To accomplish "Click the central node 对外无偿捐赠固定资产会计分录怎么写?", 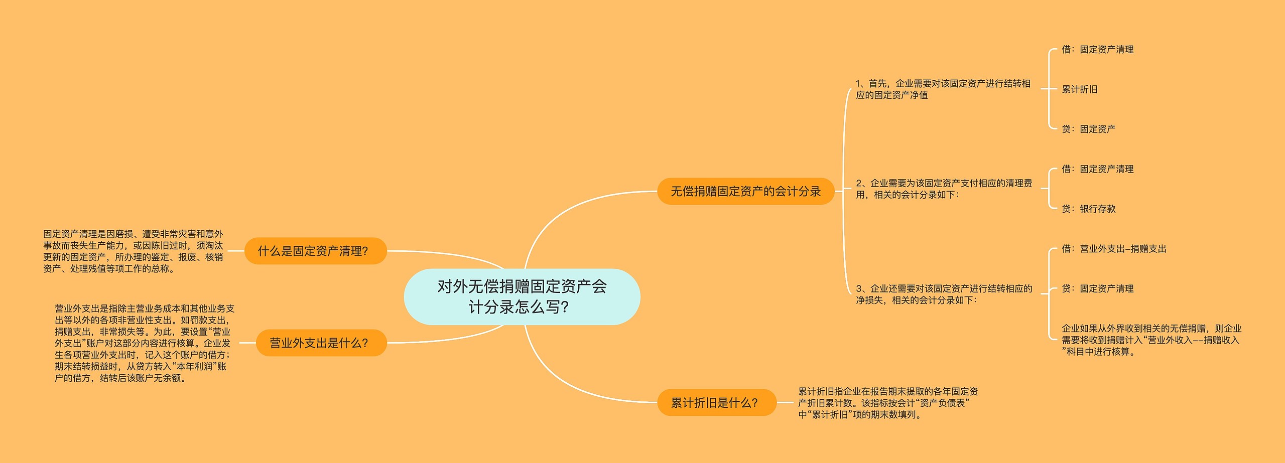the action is pyautogui.click(x=522, y=296).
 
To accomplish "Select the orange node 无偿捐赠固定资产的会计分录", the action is pyautogui.click(x=745, y=191).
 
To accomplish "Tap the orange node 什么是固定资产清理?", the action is pyautogui.click(x=315, y=251).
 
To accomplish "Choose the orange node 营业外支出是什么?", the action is pyautogui.click(x=321, y=343).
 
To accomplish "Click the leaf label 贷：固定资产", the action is pyautogui.click(x=1088, y=129).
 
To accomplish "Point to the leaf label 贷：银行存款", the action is pyautogui.click(x=1088, y=209).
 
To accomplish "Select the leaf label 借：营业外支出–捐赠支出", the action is pyautogui.click(x=1114, y=249).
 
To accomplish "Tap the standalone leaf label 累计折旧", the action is pyautogui.click(x=1080, y=89).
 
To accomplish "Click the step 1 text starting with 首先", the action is pyautogui.click(x=943, y=89).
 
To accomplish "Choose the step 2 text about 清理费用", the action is pyautogui.click(x=944, y=189).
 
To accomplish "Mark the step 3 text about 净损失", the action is pyautogui.click(x=944, y=294).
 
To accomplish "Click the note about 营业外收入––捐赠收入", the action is pyautogui.click(x=1151, y=340).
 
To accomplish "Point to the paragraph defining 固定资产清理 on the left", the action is pyautogui.click(x=133, y=251).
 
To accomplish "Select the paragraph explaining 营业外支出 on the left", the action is pyautogui.click(x=144, y=343).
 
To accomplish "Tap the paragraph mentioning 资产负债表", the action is pyautogui.click(x=887, y=403).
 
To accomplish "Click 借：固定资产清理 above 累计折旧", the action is pyautogui.click(x=1097, y=50).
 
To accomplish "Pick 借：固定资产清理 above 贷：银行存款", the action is pyautogui.click(x=1097, y=169).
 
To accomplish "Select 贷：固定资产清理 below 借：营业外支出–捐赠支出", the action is pyautogui.click(x=1097, y=288).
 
